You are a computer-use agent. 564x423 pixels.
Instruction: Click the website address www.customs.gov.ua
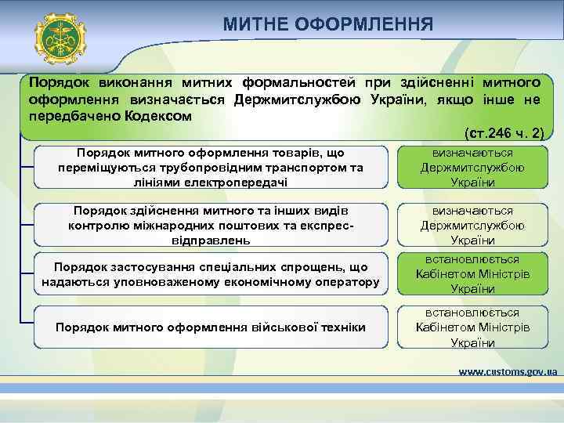[x=507, y=371]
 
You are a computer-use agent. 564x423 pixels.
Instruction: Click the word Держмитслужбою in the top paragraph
[x=296, y=99]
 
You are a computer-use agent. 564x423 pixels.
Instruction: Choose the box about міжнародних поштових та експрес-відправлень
[x=210, y=225]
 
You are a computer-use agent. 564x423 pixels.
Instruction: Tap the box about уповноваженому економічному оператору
[x=210, y=275]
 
